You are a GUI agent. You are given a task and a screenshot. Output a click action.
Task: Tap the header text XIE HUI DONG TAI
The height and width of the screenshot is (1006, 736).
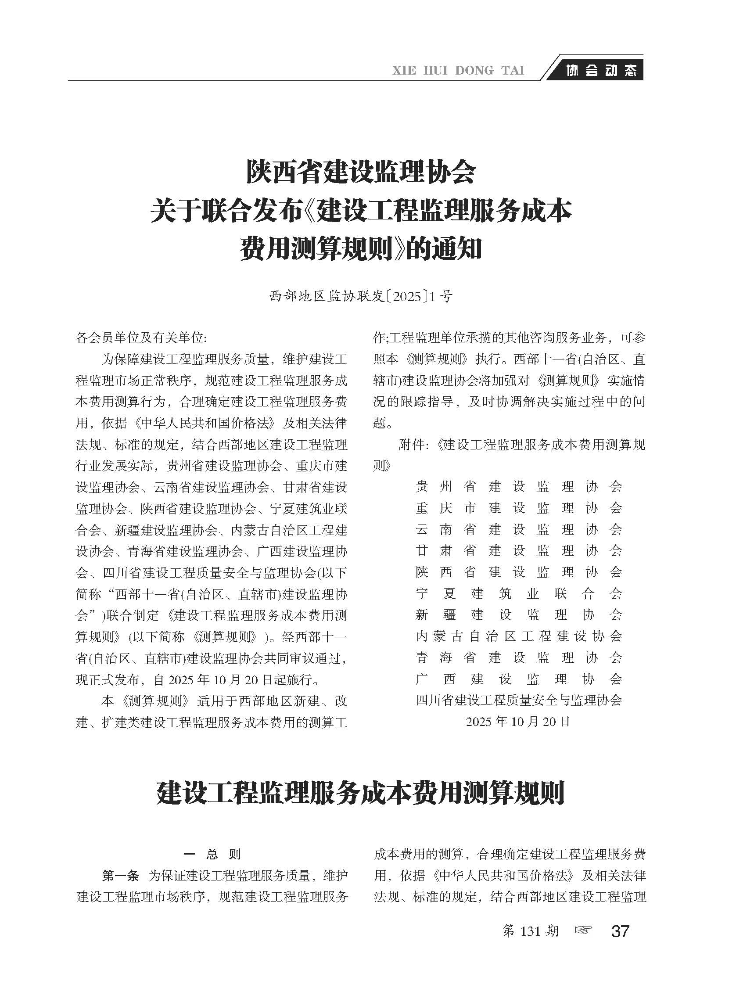(x=458, y=70)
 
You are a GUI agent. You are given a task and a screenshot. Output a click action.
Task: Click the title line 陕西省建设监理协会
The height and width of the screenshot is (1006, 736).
(x=361, y=172)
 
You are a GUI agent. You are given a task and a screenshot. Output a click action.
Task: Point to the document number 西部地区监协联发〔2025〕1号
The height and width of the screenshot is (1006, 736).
(x=361, y=296)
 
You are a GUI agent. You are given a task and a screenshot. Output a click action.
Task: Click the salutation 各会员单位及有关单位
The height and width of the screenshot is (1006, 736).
(x=141, y=338)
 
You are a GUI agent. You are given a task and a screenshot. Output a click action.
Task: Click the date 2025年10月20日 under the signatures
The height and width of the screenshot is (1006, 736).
(x=518, y=721)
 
